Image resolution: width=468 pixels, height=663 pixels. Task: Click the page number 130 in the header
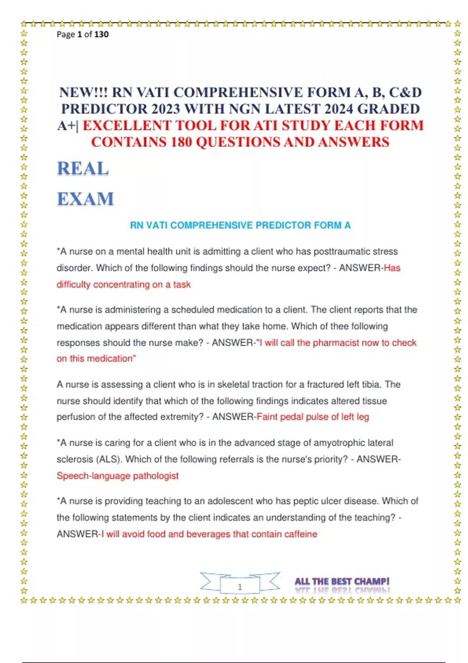click(x=101, y=34)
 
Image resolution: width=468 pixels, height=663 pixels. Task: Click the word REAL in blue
click(x=83, y=169)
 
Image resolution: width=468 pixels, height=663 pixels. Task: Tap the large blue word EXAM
click(x=85, y=199)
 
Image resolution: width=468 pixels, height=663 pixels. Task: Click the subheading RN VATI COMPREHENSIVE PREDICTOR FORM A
click(x=240, y=225)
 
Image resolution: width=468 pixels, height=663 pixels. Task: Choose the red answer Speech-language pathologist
click(x=117, y=476)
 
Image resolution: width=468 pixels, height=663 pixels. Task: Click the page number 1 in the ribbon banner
click(x=240, y=587)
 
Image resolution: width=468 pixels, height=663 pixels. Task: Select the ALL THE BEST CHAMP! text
click(x=342, y=581)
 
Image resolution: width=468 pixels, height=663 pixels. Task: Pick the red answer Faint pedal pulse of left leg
click(x=313, y=417)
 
